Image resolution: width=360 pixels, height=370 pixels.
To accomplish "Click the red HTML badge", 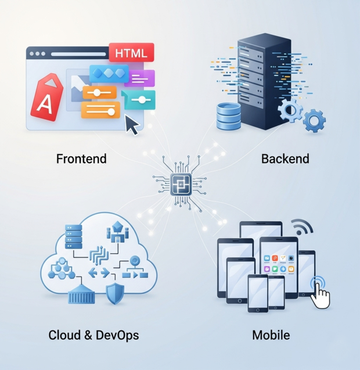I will (x=131, y=53).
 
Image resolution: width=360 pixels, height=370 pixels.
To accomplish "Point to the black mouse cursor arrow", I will (x=133, y=124).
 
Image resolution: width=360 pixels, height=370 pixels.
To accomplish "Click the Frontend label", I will (x=81, y=158).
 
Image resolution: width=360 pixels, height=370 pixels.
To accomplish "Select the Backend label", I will (x=285, y=159).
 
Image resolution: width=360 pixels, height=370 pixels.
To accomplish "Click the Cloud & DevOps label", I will (x=93, y=335).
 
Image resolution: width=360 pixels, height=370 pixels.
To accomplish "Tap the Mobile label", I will (x=271, y=335).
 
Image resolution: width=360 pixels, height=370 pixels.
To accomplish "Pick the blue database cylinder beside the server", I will (x=228, y=116).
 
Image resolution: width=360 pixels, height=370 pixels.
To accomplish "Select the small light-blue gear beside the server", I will (x=314, y=121).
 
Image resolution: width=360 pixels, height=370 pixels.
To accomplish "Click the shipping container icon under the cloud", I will (x=81, y=296).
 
